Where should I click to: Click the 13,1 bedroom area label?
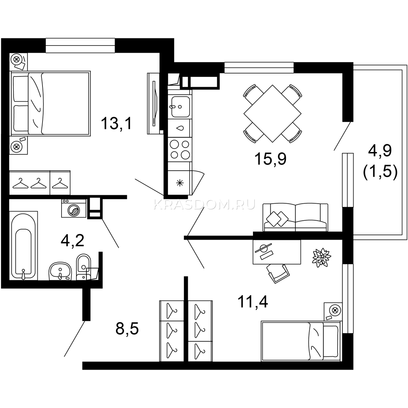116,124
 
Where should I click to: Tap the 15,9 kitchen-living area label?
270,159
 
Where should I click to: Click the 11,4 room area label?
253,302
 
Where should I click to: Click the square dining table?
272,114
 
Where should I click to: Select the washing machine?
74,208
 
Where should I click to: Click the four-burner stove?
180,150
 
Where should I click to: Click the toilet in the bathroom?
83,267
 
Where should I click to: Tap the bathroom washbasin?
60,271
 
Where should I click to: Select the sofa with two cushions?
295,218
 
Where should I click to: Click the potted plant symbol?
322,257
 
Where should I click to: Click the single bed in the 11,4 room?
301,341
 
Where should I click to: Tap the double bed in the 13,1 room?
50,103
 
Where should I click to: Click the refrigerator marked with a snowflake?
180,183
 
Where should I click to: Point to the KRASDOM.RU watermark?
204,205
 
